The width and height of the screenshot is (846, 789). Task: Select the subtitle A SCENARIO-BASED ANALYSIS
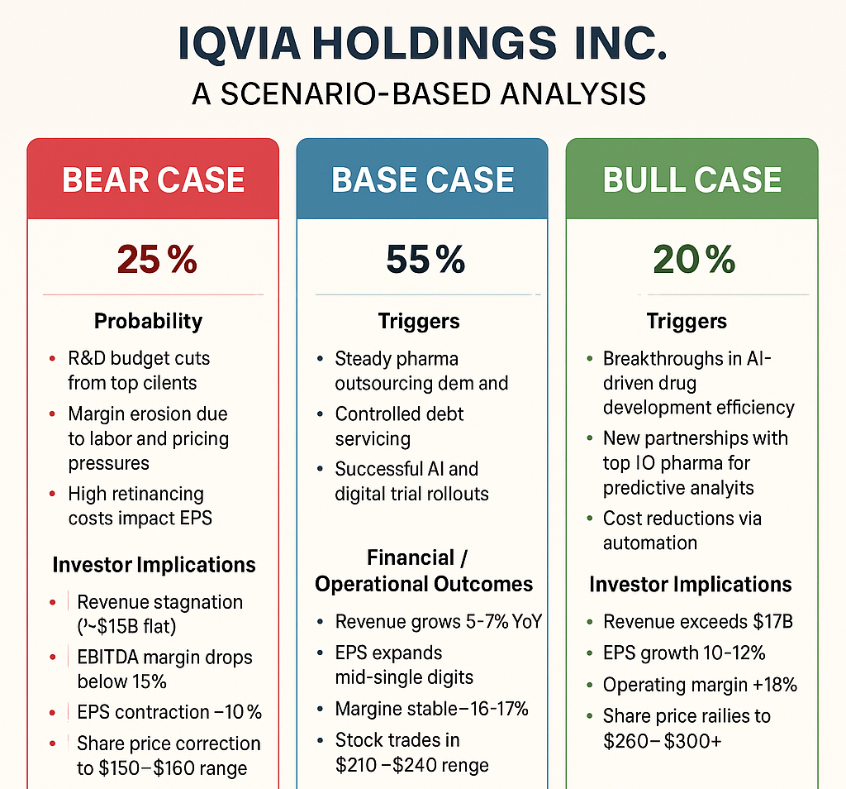click(419, 93)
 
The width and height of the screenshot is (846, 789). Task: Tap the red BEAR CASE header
click(154, 179)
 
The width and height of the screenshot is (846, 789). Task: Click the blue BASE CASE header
click(422, 179)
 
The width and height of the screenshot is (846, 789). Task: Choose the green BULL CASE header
click(692, 179)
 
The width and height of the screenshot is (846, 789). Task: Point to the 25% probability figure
click(157, 260)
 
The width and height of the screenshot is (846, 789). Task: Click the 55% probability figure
click(425, 260)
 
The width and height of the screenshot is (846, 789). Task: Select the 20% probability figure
click(694, 260)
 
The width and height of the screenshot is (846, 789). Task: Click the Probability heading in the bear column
click(148, 321)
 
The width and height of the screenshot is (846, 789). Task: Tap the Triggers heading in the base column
click(419, 321)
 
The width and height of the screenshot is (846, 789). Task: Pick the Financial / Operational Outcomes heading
click(423, 571)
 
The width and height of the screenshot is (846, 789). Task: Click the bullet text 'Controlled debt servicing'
click(399, 426)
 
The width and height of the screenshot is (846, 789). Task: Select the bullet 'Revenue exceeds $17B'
click(697, 621)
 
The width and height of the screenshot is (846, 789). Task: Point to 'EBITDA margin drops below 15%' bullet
click(164, 669)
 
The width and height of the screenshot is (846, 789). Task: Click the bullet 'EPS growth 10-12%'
click(684, 653)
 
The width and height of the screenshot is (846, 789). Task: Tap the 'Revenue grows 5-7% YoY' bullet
click(438, 621)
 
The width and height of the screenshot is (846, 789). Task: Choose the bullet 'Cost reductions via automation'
click(682, 530)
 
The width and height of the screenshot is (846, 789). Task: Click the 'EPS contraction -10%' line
click(169, 712)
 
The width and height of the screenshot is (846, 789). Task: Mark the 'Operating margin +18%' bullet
click(699, 684)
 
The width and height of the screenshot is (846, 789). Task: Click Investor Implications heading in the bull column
click(691, 584)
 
